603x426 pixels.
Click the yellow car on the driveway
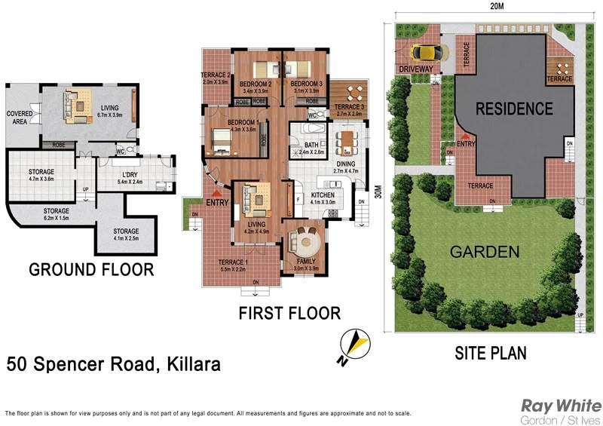click(x=425, y=53)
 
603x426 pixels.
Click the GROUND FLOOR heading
click(x=90, y=270)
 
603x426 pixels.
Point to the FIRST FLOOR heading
click(x=289, y=312)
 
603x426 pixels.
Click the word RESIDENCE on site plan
click(x=513, y=109)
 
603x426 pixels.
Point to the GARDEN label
click(x=484, y=252)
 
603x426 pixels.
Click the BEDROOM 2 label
click(x=256, y=83)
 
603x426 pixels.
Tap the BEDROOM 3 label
click(x=306, y=83)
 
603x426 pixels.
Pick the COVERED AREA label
click(x=20, y=118)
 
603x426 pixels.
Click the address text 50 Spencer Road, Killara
click(x=114, y=366)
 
